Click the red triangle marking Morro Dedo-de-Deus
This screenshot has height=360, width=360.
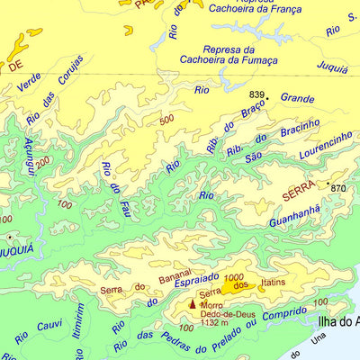point(191,305)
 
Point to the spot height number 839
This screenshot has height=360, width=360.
point(257,95)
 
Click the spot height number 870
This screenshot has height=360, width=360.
point(338,188)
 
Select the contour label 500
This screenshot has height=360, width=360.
point(166,120)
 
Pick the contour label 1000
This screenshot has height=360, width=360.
point(236,276)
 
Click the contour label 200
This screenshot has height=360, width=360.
point(43,160)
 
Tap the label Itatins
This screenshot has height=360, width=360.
point(273,284)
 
